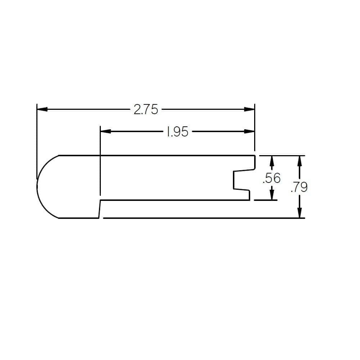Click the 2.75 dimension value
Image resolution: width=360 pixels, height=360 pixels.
click(146, 109)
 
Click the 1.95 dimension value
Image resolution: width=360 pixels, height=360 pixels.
click(177, 132)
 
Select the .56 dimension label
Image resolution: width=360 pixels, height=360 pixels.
click(271, 178)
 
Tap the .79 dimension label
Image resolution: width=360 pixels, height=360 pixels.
click(299, 187)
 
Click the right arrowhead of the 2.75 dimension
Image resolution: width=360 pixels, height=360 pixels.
click(249, 109)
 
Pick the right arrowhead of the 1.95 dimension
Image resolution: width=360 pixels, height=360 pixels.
click(249, 131)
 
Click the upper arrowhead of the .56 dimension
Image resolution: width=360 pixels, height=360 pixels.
click(272, 161)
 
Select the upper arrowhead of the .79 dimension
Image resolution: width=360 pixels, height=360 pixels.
click(300, 161)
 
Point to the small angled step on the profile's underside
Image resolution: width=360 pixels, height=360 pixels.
click(99, 209)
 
